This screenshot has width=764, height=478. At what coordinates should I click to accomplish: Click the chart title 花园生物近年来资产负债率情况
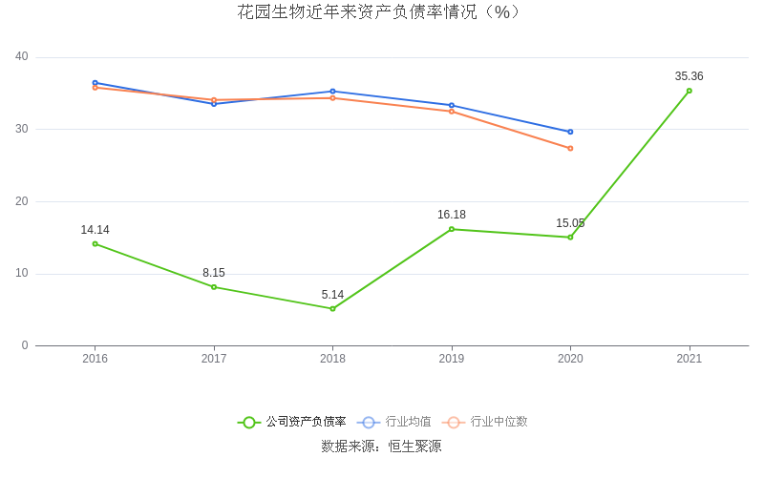click(x=380, y=12)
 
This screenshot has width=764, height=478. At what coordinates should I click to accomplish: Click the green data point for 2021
click(x=689, y=91)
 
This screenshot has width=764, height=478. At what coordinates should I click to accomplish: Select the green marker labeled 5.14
click(x=332, y=308)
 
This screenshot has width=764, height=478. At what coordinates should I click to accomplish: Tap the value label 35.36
click(x=689, y=76)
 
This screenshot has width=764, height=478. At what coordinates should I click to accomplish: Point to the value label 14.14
click(x=95, y=230)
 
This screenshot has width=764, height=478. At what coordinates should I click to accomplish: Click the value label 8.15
click(x=214, y=273)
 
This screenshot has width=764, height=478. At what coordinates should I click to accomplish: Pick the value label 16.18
click(x=452, y=215)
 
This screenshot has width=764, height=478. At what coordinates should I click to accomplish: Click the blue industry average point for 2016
click(x=95, y=83)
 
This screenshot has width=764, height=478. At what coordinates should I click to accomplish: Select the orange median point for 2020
click(x=570, y=148)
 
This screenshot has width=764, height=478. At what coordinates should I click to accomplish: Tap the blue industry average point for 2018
click(x=332, y=92)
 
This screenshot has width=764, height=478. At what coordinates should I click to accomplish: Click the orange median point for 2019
click(x=452, y=112)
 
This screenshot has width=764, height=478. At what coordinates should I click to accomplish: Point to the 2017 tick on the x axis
click(x=214, y=359)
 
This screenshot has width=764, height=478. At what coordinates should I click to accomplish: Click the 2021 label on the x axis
click(x=689, y=359)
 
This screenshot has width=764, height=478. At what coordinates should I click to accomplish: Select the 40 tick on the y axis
click(x=22, y=57)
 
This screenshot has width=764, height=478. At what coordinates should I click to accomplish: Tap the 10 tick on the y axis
click(x=22, y=274)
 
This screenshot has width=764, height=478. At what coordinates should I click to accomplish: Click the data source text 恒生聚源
click(x=414, y=447)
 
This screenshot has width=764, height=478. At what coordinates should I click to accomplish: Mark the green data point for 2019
click(x=452, y=229)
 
